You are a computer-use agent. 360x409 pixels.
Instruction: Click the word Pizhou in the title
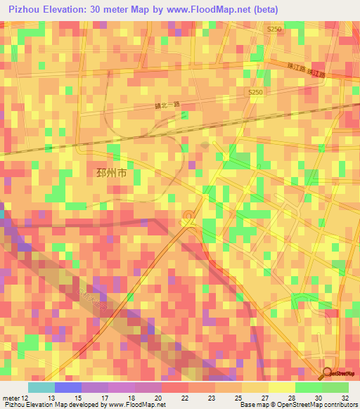(25, 10)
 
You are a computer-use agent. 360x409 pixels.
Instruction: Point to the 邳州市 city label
(111, 173)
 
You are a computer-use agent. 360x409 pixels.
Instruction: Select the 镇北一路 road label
(167, 105)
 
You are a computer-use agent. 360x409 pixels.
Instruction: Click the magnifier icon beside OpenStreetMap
(326, 375)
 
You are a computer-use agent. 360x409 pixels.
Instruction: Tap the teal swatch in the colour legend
(41, 387)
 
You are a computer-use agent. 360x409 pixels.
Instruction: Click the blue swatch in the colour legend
(67, 387)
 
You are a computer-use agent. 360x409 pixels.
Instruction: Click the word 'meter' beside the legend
(11, 397)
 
